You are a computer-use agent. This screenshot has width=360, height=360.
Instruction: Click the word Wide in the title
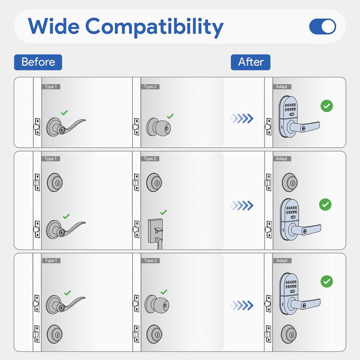tap(54, 26)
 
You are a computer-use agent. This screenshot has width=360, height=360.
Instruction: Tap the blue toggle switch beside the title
tap(323, 26)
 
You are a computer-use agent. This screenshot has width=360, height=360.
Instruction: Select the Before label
tap(38, 62)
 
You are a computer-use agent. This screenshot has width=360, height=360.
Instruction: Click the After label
tap(250, 62)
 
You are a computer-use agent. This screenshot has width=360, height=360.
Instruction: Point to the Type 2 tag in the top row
tap(150, 87)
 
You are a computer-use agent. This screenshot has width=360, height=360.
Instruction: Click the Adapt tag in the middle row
tap(282, 159)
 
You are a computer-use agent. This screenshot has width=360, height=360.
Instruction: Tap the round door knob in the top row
tap(159, 127)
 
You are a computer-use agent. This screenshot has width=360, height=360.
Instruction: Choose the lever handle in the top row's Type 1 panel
tap(66, 127)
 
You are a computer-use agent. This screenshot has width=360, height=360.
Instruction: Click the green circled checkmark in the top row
tap(327, 106)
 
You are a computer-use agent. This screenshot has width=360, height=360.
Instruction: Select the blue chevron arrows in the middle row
tap(241, 205)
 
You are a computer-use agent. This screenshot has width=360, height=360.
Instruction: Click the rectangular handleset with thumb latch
tap(156, 233)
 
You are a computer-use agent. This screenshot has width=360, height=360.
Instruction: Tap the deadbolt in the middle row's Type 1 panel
tap(55, 183)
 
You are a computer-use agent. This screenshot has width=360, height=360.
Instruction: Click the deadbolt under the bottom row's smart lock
tap(289, 334)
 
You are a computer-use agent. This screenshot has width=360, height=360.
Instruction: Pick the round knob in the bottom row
tap(157, 304)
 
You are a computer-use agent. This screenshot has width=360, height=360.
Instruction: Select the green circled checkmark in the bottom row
tap(327, 281)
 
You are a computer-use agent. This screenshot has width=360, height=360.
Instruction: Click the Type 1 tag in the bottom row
tap(51, 261)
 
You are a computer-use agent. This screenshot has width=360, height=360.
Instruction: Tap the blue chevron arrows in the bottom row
tap(241, 305)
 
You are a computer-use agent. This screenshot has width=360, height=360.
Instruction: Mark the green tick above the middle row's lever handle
tap(66, 216)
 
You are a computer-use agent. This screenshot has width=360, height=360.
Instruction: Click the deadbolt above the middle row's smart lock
tap(290, 183)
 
